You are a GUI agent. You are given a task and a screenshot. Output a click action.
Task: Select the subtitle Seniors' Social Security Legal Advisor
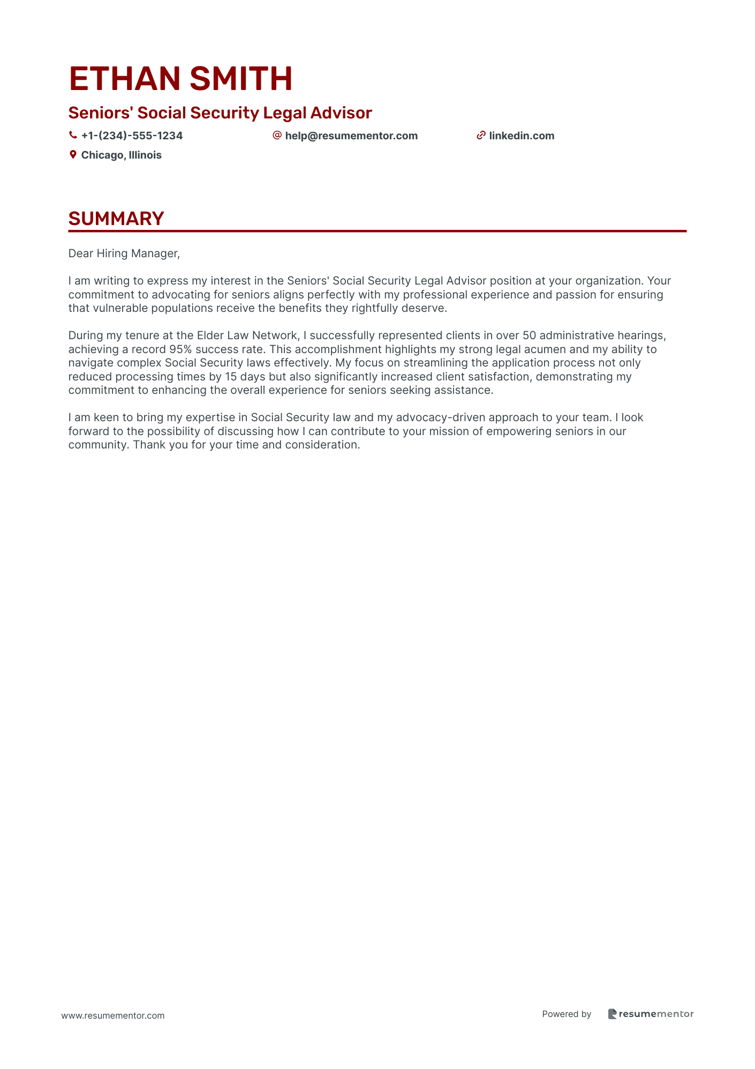point(220,113)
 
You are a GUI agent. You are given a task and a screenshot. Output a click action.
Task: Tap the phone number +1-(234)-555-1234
point(132,136)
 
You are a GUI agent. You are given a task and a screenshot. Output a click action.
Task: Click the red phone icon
point(73,136)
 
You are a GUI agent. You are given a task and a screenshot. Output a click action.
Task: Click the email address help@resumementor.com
point(351,136)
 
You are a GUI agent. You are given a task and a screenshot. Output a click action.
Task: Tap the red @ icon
point(277,136)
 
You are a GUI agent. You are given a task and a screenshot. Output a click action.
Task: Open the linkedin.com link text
point(522,136)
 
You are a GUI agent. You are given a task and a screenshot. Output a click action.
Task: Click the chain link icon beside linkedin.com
point(481,136)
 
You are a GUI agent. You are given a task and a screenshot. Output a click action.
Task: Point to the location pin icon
point(73,155)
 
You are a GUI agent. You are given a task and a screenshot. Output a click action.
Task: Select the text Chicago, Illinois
point(121,155)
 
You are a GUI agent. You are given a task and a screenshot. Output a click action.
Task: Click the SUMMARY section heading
point(116,219)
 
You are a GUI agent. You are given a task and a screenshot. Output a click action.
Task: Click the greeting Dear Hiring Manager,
point(124,253)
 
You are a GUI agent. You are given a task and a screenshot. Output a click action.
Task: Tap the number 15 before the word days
point(231,377)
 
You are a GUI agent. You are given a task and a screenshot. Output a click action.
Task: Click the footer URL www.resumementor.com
point(113,1015)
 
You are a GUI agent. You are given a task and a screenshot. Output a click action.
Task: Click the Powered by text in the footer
point(567,1014)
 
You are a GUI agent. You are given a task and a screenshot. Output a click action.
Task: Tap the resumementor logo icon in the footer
point(613,1014)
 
